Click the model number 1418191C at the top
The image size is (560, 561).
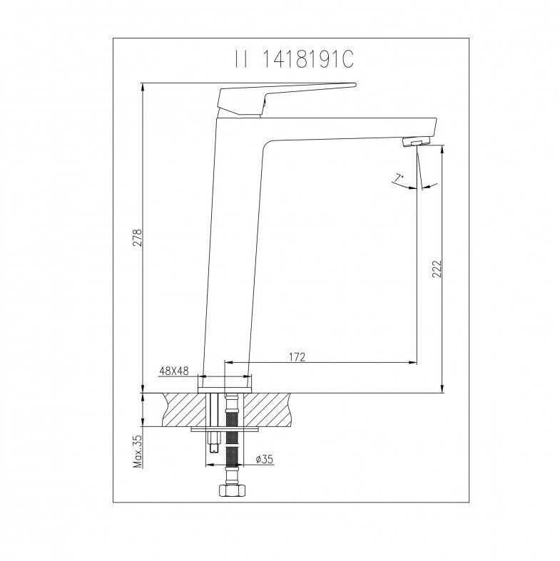(308, 59)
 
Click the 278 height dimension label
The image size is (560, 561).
(138, 237)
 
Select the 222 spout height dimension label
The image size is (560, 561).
(437, 269)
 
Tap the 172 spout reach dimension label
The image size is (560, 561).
(297, 357)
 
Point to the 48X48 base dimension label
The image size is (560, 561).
(174, 371)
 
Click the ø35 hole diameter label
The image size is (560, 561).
(264, 459)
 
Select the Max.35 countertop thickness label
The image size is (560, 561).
(138, 451)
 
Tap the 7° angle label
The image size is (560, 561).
(399, 177)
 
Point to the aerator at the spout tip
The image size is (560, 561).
(417, 142)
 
